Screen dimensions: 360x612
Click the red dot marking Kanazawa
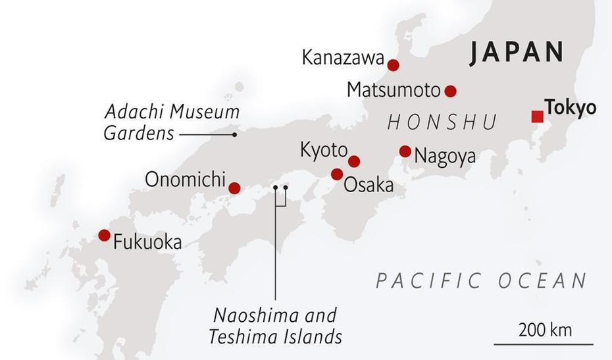click(393, 65)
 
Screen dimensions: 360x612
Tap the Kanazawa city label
click(342, 58)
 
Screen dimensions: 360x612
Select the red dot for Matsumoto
click(450, 91)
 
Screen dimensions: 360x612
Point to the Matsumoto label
click(393, 90)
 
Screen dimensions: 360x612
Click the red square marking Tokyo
click(537, 117)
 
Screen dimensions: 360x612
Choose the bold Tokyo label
click(570, 107)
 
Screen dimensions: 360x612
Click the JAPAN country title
click(517, 53)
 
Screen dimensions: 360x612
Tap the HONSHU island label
click(442, 122)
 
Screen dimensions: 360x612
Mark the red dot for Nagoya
click(405, 151)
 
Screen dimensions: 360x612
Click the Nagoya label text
click(445, 157)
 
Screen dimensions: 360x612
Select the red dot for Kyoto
click(354, 161)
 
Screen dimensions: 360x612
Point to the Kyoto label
click(323, 150)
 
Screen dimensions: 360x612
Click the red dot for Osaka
click(337, 174)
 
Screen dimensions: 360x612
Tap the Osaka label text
click(369, 185)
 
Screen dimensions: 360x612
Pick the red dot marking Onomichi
click(234, 188)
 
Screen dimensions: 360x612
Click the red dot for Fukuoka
click(104, 235)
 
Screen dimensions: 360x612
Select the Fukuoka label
click(147, 242)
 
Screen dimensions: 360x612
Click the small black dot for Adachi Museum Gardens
click(234, 134)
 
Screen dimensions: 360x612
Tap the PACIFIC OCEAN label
click(481, 281)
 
